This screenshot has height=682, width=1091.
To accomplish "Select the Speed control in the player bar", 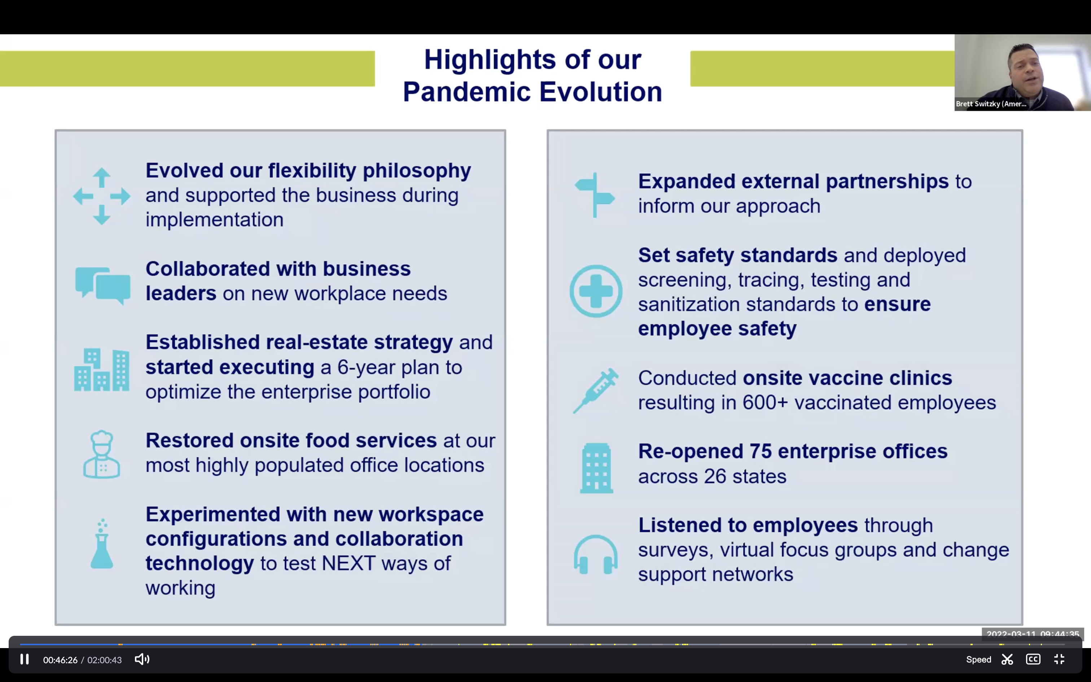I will (x=978, y=660).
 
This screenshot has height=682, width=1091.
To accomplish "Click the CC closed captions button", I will (x=1033, y=660).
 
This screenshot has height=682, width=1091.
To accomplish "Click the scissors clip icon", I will (x=1007, y=660).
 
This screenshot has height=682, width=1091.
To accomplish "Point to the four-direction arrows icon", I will (x=102, y=196).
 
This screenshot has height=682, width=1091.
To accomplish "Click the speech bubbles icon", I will (x=103, y=285).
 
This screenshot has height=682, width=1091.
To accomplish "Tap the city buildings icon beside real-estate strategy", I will (x=102, y=370).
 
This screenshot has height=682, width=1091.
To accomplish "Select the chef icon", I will (x=102, y=454).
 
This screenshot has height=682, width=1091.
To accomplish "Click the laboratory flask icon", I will (x=102, y=545).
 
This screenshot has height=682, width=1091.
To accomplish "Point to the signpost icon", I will (x=595, y=195).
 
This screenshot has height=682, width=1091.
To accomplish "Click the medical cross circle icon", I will (x=596, y=291).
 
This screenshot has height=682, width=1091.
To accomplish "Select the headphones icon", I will (x=596, y=555).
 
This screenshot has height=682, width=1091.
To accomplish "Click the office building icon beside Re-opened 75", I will (x=596, y=468).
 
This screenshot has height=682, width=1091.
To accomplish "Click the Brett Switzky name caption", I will (x=991, y=104).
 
